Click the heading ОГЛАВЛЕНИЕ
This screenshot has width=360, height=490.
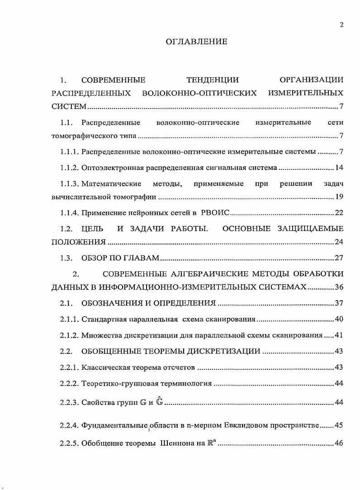196,42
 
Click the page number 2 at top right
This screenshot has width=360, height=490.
341,25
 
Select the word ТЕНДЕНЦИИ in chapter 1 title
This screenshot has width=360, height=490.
213,80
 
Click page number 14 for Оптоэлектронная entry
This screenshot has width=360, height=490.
339,168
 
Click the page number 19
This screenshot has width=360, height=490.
339,197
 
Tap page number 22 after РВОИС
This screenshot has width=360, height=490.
339,213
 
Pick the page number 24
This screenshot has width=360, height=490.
339,242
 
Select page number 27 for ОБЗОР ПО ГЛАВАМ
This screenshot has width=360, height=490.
339,258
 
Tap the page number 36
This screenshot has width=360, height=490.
339,287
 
